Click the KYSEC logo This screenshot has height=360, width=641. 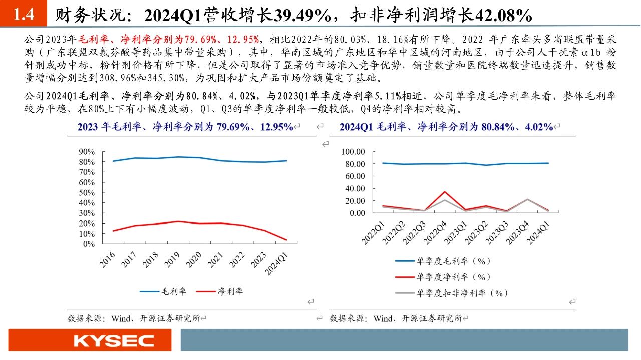tap(114, 341)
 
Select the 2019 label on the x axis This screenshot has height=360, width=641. tap(172, 259)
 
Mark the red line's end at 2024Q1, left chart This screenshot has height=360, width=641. tap(285, 240)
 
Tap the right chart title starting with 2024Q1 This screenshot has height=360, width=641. tap(446, 127)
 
